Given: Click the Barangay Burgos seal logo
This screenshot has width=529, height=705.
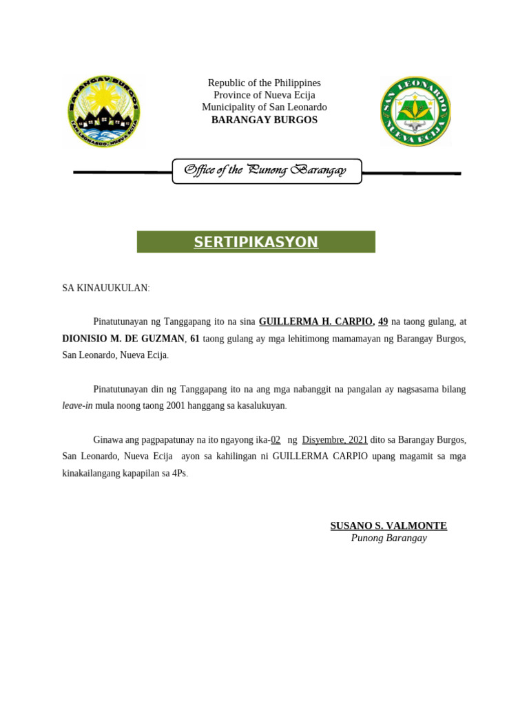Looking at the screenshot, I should [104, 112].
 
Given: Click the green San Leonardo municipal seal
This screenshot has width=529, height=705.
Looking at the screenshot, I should [415, 112].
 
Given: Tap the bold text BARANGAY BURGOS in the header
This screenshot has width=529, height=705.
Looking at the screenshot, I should [264, 120].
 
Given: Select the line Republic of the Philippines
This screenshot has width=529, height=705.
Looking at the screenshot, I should [264, 83].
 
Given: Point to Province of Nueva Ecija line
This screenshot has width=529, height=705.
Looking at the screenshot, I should [264, 95].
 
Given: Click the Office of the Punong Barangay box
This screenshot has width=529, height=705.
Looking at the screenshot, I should [266, 171].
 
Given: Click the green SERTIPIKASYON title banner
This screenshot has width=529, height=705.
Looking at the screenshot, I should [256, 242].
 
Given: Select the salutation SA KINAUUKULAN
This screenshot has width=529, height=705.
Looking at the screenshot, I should [105, 288].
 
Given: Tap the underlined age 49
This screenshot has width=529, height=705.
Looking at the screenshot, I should [383, 322].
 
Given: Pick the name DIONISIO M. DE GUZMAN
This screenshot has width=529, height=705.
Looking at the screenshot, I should [123, 339].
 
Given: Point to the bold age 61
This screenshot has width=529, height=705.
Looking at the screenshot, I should [194, 339].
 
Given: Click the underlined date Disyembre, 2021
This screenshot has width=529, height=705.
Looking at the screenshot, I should [335, 440].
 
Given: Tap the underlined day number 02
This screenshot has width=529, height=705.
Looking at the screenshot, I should [275, 440].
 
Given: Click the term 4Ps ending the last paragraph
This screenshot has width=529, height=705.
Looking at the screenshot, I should [178, 474].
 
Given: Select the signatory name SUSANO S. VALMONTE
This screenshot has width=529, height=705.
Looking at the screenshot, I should [388, 526].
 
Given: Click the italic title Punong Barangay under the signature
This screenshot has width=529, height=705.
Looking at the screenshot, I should [388, 538].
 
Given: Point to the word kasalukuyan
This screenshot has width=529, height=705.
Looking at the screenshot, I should [258, 406].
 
